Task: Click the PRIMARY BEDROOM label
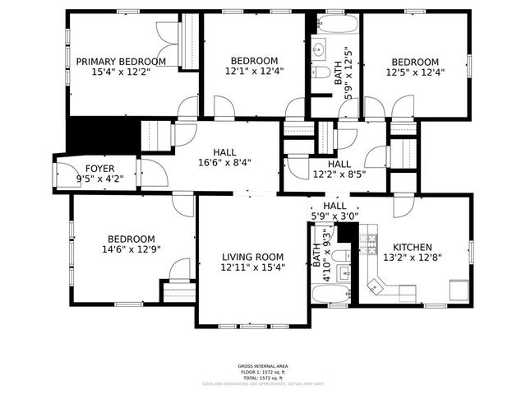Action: pos(121,62)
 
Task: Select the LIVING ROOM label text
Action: pos(252,256)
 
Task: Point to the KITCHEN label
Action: pos(413,247)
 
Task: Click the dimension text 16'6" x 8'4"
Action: pos(224,163)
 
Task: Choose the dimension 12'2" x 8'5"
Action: pos(339,174)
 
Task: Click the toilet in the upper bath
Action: pos(318,72)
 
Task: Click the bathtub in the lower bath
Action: pos(333,295)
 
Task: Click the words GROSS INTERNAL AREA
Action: pos(262,366)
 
